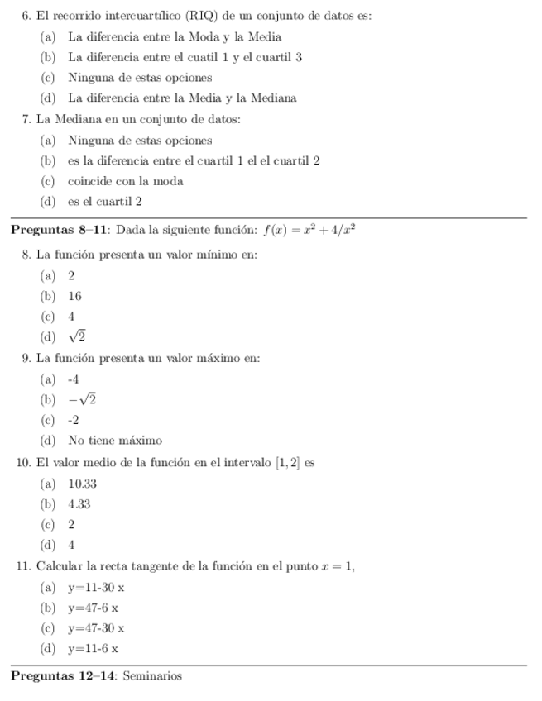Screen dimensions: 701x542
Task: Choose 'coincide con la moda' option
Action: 125,181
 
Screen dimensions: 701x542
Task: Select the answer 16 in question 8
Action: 75,295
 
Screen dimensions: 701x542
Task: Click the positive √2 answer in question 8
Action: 77,336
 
